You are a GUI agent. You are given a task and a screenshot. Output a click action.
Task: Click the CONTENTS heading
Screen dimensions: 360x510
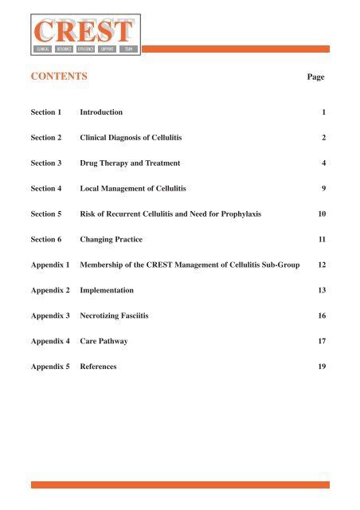coord(59,77)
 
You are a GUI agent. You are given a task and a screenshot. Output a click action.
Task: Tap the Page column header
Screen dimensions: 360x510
coord(316,78)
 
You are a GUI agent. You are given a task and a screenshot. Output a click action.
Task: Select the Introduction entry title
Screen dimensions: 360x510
coord(101,113)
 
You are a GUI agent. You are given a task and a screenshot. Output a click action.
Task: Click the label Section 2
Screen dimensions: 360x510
coord(46,138)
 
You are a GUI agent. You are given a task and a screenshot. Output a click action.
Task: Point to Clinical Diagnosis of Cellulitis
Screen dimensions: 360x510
coord(131,138)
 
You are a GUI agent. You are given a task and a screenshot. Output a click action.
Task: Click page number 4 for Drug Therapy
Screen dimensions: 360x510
coord(323,163)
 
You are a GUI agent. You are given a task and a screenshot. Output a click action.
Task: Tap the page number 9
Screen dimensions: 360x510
coord(323,189)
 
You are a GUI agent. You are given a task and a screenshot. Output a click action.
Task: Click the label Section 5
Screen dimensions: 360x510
coord(46,214)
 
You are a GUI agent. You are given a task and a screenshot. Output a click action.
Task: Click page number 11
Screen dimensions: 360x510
coord(322,240)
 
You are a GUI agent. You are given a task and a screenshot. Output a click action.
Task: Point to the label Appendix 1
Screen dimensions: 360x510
coord(50,265)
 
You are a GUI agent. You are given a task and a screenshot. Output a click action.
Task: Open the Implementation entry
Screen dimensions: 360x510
coord(107,291)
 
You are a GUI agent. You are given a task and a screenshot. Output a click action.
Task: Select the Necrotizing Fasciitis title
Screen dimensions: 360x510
coord(119,316)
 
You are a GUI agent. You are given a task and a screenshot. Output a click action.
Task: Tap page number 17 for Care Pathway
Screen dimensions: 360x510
coord(322,342)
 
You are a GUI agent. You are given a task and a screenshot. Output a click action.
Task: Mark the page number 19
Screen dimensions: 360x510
coord(322,367)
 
